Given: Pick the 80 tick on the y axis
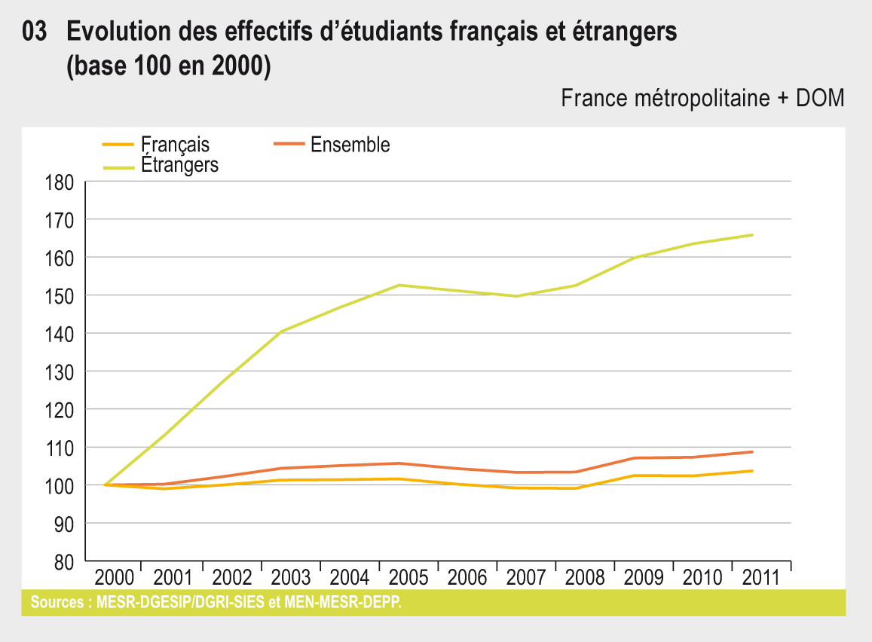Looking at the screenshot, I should tap(62, 562).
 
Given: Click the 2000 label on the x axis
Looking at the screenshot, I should tap(114, 578).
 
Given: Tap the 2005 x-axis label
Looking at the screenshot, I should tap(408, 578).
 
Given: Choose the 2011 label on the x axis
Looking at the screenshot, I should tap(762, 578).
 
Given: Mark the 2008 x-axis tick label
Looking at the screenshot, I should tap(586, 578).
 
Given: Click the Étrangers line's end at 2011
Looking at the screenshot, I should tap(753, 235).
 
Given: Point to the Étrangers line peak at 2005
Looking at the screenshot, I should tap(399, 285).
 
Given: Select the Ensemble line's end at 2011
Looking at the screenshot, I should tap(753, 452).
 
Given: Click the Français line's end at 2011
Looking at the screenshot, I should tap(753, 471).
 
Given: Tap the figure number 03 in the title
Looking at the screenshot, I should tap(35, 32).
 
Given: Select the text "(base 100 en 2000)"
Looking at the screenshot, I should tap(168, 66).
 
